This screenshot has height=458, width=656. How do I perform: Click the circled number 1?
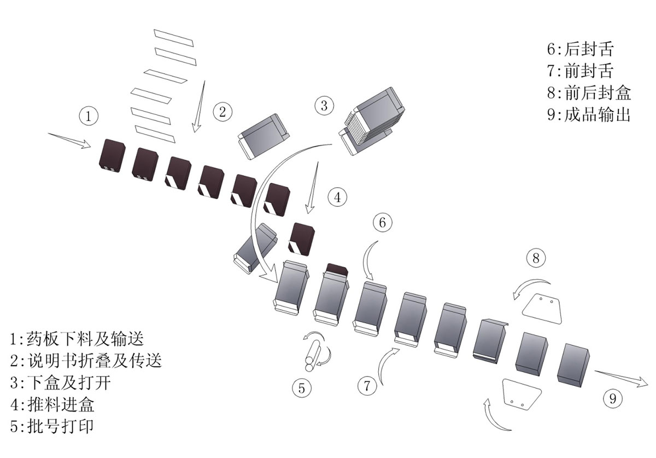(x=89, y=116)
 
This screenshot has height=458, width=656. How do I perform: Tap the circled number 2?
(x=222, y=112)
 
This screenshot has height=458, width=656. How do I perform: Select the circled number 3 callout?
(x=324, y=106)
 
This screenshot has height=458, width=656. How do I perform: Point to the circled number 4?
(x=337, y=197)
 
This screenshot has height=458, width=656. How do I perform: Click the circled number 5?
(x=302, y=388)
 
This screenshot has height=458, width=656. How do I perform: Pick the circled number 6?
(x=383, y=223)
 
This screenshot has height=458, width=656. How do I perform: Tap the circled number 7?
(x=367, y=386)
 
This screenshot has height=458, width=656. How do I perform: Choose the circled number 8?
(x=536, y=258)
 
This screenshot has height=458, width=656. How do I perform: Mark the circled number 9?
(x=613, y=398)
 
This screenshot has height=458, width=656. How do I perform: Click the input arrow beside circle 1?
(x=70, y=141)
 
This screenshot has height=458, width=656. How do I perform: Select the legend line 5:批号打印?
(x=52, y=426)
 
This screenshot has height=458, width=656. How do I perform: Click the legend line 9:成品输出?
(x=589, y=114)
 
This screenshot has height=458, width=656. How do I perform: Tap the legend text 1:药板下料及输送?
(x=77, y=339)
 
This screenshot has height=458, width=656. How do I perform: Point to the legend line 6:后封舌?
(x=580, y=49)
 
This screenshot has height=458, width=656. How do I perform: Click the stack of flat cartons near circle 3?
(x=372, y=121)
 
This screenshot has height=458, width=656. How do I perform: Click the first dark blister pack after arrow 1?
(x=112, y=156)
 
